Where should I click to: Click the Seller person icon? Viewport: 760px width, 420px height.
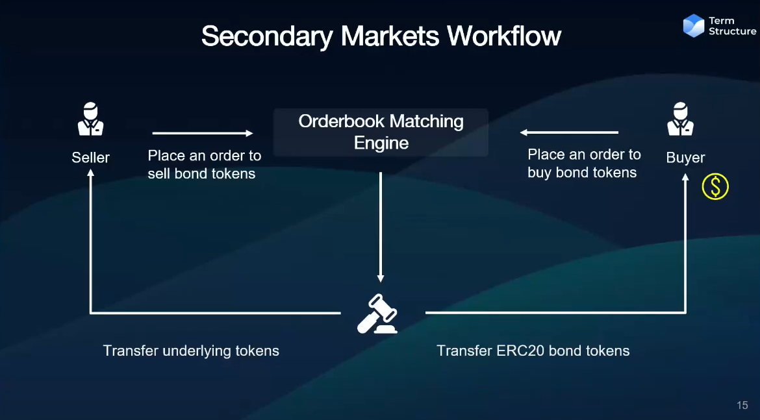[91, 119]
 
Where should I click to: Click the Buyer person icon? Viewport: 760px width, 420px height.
[680, 119]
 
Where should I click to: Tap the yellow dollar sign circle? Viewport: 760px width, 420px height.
[715, 186]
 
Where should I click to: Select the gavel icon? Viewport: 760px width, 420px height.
[377, 314]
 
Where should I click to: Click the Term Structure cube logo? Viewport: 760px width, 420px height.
[694, 26]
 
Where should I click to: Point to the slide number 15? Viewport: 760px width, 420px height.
[742, 405]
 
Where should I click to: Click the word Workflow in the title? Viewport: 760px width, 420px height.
[503, 36]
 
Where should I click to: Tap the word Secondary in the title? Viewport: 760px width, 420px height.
[267, 36]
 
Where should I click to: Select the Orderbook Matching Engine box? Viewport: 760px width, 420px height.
[381, 132]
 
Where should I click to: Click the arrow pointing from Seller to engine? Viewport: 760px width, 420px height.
[203, 133]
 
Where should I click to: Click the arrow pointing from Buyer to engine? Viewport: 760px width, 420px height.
[569, 132]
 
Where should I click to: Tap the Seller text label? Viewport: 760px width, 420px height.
[91, 158]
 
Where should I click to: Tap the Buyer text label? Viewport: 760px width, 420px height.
[685, 158]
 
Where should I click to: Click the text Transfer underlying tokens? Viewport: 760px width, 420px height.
[191, 351]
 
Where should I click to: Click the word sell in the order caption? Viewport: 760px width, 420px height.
[159, 173]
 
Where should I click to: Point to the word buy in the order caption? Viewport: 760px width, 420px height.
[539, 173]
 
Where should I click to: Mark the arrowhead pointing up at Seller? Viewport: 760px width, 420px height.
[91, 172]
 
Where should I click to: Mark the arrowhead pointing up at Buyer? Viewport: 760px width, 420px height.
[685, 177]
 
